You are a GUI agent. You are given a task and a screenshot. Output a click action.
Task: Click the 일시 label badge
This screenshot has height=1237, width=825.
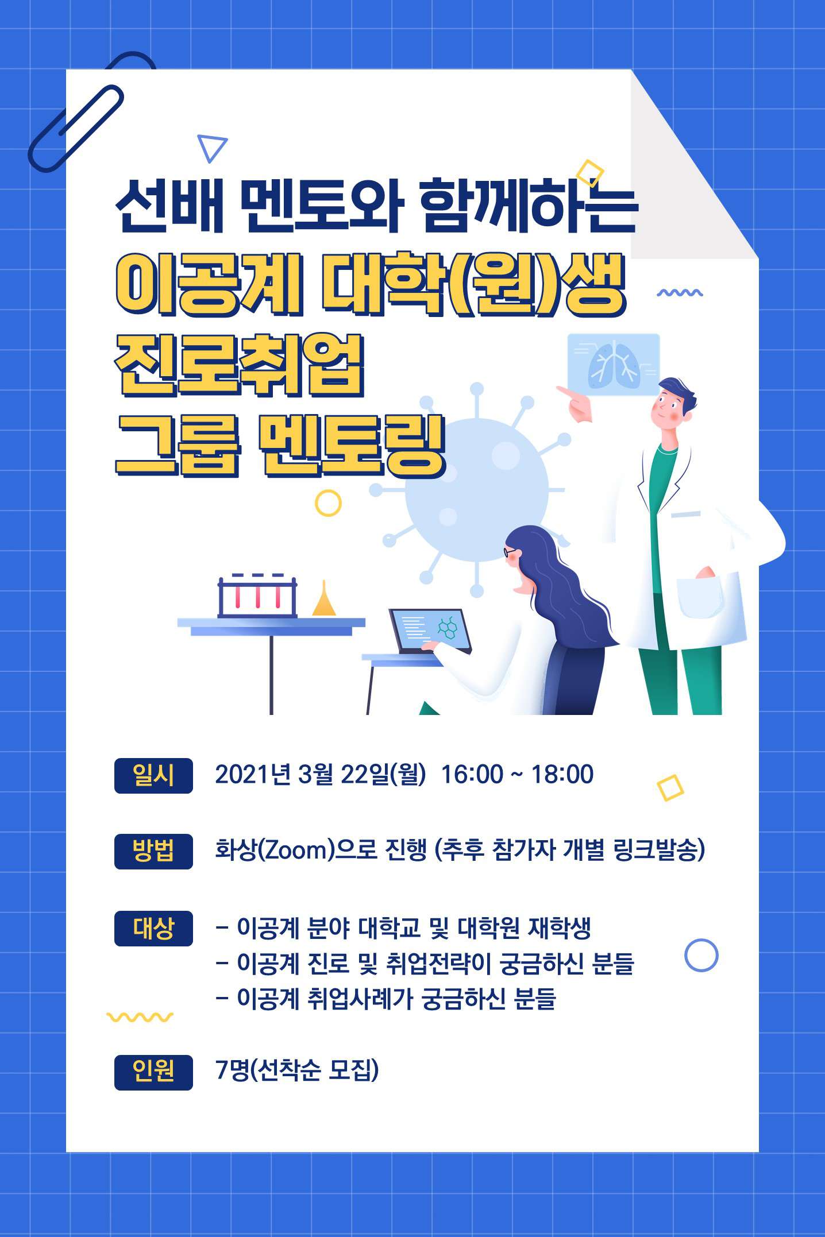153,775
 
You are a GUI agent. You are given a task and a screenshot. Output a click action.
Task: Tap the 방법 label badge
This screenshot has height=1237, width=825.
153,851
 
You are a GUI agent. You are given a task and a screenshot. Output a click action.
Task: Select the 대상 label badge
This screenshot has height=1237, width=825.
153,928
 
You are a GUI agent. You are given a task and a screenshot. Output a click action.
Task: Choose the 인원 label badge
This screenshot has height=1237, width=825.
153,1072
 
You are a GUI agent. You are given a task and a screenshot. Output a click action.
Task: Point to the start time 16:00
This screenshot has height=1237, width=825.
472,774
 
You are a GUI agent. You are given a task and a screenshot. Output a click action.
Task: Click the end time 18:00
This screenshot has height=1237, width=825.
562,774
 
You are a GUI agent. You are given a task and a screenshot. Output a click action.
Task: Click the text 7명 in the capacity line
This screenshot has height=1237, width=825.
233,1070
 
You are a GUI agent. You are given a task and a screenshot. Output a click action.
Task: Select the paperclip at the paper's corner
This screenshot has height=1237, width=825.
76,127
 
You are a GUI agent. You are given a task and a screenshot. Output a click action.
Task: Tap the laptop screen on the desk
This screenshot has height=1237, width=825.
430,629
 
